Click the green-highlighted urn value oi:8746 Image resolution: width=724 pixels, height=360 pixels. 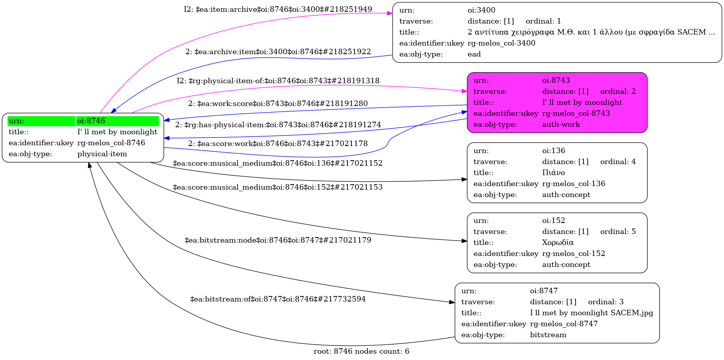[91, 121]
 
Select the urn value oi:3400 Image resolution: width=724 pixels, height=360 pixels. [481, 10]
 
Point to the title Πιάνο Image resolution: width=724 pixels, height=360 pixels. [553, 173]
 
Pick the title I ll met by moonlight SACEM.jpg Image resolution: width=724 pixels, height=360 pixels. [591, 313]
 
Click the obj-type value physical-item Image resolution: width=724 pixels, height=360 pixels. [102, 154]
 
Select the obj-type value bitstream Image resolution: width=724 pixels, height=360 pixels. [548, 335]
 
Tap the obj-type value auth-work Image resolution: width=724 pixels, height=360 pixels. [561, 124]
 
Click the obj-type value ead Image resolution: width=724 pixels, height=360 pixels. [474, 54]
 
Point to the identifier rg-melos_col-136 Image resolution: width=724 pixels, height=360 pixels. [574, 184]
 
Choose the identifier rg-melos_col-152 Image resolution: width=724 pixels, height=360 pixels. [574, 254]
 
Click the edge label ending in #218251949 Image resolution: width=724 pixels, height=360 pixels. [278, 9]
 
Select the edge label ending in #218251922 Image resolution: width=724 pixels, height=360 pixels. [278, 52]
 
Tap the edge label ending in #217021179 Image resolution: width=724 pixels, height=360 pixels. [278, 240]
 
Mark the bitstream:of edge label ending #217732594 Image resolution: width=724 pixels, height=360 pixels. [278, 299]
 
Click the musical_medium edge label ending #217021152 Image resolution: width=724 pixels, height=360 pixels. [278, 163]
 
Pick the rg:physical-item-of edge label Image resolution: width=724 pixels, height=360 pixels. [278, 81]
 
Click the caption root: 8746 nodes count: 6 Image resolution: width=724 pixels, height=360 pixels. [361, 351]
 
